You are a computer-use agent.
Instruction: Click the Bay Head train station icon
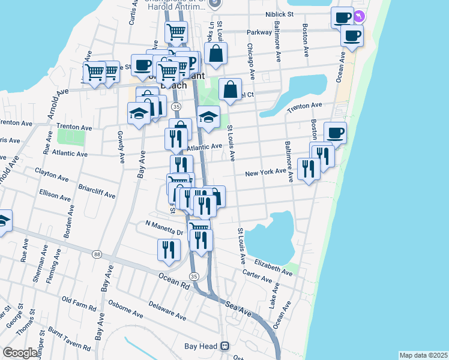click(225, 346)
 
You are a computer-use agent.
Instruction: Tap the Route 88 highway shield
click(97, 254)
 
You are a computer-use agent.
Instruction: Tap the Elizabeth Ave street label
click(273, 266)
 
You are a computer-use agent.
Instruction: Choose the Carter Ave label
click(258, 276)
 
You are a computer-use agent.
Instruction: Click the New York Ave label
click(265, 173)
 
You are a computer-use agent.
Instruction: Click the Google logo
click(19, 353)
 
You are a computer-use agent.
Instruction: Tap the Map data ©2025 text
click(423, 355)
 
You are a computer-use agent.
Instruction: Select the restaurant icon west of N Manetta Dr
click(169, 249)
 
